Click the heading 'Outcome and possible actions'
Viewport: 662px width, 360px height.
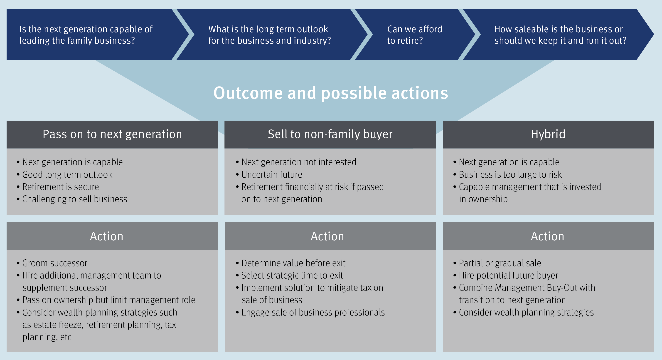[331, 93]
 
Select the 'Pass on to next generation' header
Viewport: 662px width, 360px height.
[112, 134]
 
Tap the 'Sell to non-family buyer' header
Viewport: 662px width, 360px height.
[330, 134]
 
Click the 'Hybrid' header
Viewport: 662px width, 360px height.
[548, 134]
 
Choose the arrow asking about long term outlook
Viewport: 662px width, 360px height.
[269, 35]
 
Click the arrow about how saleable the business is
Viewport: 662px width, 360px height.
[560, 35]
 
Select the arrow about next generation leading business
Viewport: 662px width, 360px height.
[86, 35]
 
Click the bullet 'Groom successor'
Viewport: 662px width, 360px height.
[55, 263]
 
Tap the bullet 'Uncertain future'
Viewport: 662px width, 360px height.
[272, 175]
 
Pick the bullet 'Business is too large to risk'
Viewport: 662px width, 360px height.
[510, 175]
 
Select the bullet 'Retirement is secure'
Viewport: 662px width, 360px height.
[60, 187]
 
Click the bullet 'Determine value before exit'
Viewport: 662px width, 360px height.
[293, 263]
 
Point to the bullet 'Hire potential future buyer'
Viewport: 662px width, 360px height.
[508, 276]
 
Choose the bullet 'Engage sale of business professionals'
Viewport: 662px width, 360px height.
[313, 313]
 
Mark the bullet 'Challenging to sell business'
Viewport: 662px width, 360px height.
[74, 199]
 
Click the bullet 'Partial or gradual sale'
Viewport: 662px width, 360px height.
[500, 263]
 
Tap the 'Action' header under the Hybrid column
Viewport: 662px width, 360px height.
[548, 236]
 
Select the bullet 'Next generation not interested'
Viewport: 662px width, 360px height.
[299, 162]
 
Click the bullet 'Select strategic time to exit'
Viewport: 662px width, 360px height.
[292, 276]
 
